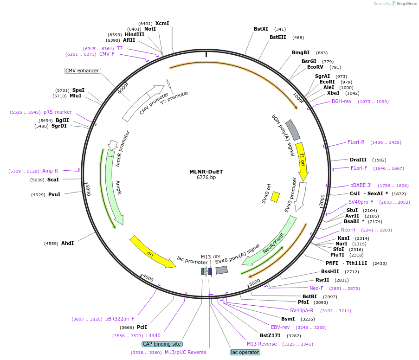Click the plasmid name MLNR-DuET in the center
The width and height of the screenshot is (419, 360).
click(x=206, y=172)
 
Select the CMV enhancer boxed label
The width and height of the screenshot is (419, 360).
click(x=82, y=71)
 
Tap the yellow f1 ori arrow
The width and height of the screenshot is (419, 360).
click(x=303, y=161)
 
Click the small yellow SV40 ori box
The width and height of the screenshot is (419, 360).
click(x=275, y=197)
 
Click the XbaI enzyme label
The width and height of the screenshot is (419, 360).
click(x=333, y=93)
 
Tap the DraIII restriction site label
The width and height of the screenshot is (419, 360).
click(x=358, y=160)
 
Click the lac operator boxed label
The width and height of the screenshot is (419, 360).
click(x=245, y=352)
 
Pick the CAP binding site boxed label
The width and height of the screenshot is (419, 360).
click(x=162, y=344)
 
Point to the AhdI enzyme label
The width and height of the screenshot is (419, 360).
click(x=67, y=243)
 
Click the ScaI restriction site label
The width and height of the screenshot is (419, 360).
click(x=53, y=180)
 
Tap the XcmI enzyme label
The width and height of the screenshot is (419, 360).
click(x=162, y=23)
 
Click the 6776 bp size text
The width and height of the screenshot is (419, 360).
click(x=206, y=178)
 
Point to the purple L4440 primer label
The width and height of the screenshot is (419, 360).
click(x=153, y=335)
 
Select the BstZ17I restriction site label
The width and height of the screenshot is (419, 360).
click(x=270, y=335)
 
